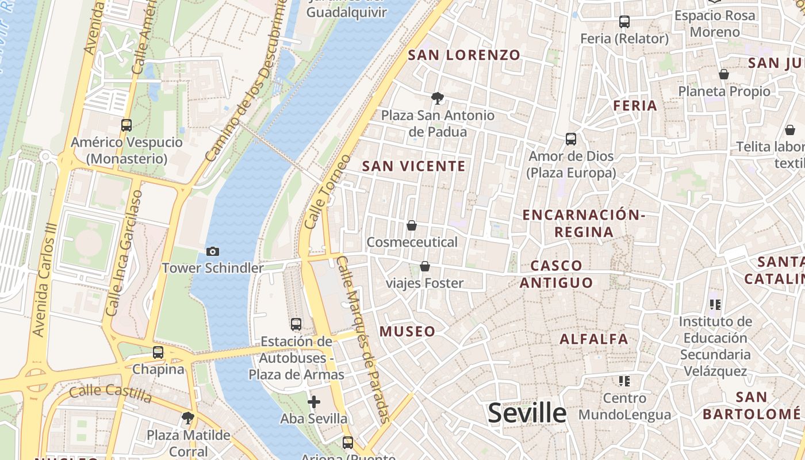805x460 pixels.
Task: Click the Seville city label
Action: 527,413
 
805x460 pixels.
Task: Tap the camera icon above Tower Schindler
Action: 213,251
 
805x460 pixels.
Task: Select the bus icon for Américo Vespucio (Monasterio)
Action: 126,125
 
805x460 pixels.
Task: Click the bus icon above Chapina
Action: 158,352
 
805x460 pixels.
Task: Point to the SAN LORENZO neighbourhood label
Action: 464,55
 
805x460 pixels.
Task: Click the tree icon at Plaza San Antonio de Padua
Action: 437,98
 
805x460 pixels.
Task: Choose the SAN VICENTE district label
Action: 413,166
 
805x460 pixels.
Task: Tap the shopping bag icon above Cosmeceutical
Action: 412,225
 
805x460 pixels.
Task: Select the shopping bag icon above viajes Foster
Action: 425,266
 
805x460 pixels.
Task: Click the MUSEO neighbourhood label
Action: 407,331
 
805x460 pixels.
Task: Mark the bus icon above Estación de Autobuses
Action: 296,324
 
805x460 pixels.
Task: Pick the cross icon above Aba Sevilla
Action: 313,401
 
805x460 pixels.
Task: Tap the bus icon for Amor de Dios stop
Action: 571,139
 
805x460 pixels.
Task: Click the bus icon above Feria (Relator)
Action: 624,22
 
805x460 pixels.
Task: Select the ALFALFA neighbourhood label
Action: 594,339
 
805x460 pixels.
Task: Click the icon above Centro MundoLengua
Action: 624,381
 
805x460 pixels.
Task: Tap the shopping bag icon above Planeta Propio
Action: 724,74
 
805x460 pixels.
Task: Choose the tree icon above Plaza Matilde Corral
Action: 187,417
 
